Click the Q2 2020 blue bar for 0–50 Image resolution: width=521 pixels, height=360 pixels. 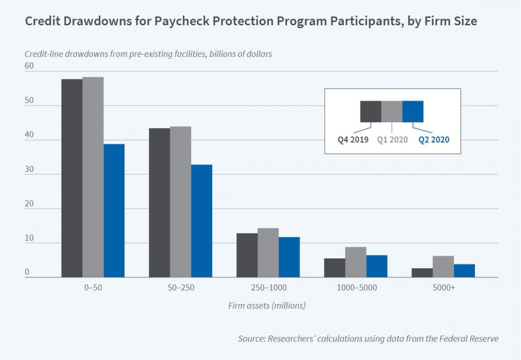[x=114, y=210]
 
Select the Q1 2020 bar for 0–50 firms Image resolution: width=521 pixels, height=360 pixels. [x=93, y=177]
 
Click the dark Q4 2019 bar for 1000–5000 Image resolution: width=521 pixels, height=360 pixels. [x=335, y=268]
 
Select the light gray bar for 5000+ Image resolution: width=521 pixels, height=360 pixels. [x=443, y=266]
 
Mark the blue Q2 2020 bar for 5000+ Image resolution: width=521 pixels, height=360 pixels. [x=464, y=270]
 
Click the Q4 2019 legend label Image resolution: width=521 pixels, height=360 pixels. [x=354, y=140]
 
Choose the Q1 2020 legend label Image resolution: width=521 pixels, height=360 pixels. [x=392, y=140]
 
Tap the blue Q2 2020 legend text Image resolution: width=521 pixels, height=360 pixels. [x=434, y=140]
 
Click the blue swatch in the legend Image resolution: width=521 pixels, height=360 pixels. [x=413, y=111]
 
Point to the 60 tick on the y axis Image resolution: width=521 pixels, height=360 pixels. [x=29, y=66]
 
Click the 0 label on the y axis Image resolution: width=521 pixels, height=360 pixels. [x=27, y=272]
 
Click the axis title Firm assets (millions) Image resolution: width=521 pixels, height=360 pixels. [x=267, y=306]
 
